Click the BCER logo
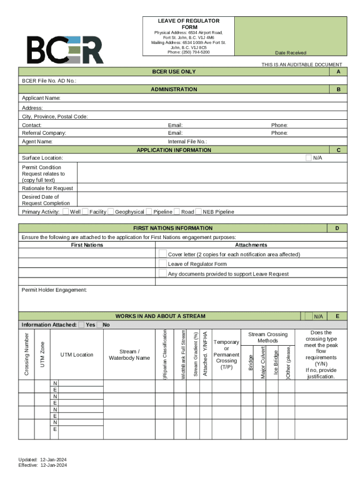[x=65, y=50]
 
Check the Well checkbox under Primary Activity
[x=65, y=211]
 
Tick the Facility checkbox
[x=85, y=211]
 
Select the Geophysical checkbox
[x=111, y=211]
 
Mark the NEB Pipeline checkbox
[x=199, y=211]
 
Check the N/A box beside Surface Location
[x=309, y=158]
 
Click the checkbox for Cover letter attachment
[x=163, y=254]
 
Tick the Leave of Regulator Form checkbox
[x=163, y=263]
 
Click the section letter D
[x=337, y=228]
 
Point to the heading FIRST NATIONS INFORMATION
[x=173, y=228]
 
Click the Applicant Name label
[x=41, y=98]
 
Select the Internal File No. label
[x=187, y=141]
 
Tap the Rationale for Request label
[x=47, y=188]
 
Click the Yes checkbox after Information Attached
[x=82, y=325]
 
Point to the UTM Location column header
[x=77, y=355]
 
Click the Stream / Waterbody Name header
[x=129, y=355]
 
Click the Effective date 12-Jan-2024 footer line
[x=43, y=465]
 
